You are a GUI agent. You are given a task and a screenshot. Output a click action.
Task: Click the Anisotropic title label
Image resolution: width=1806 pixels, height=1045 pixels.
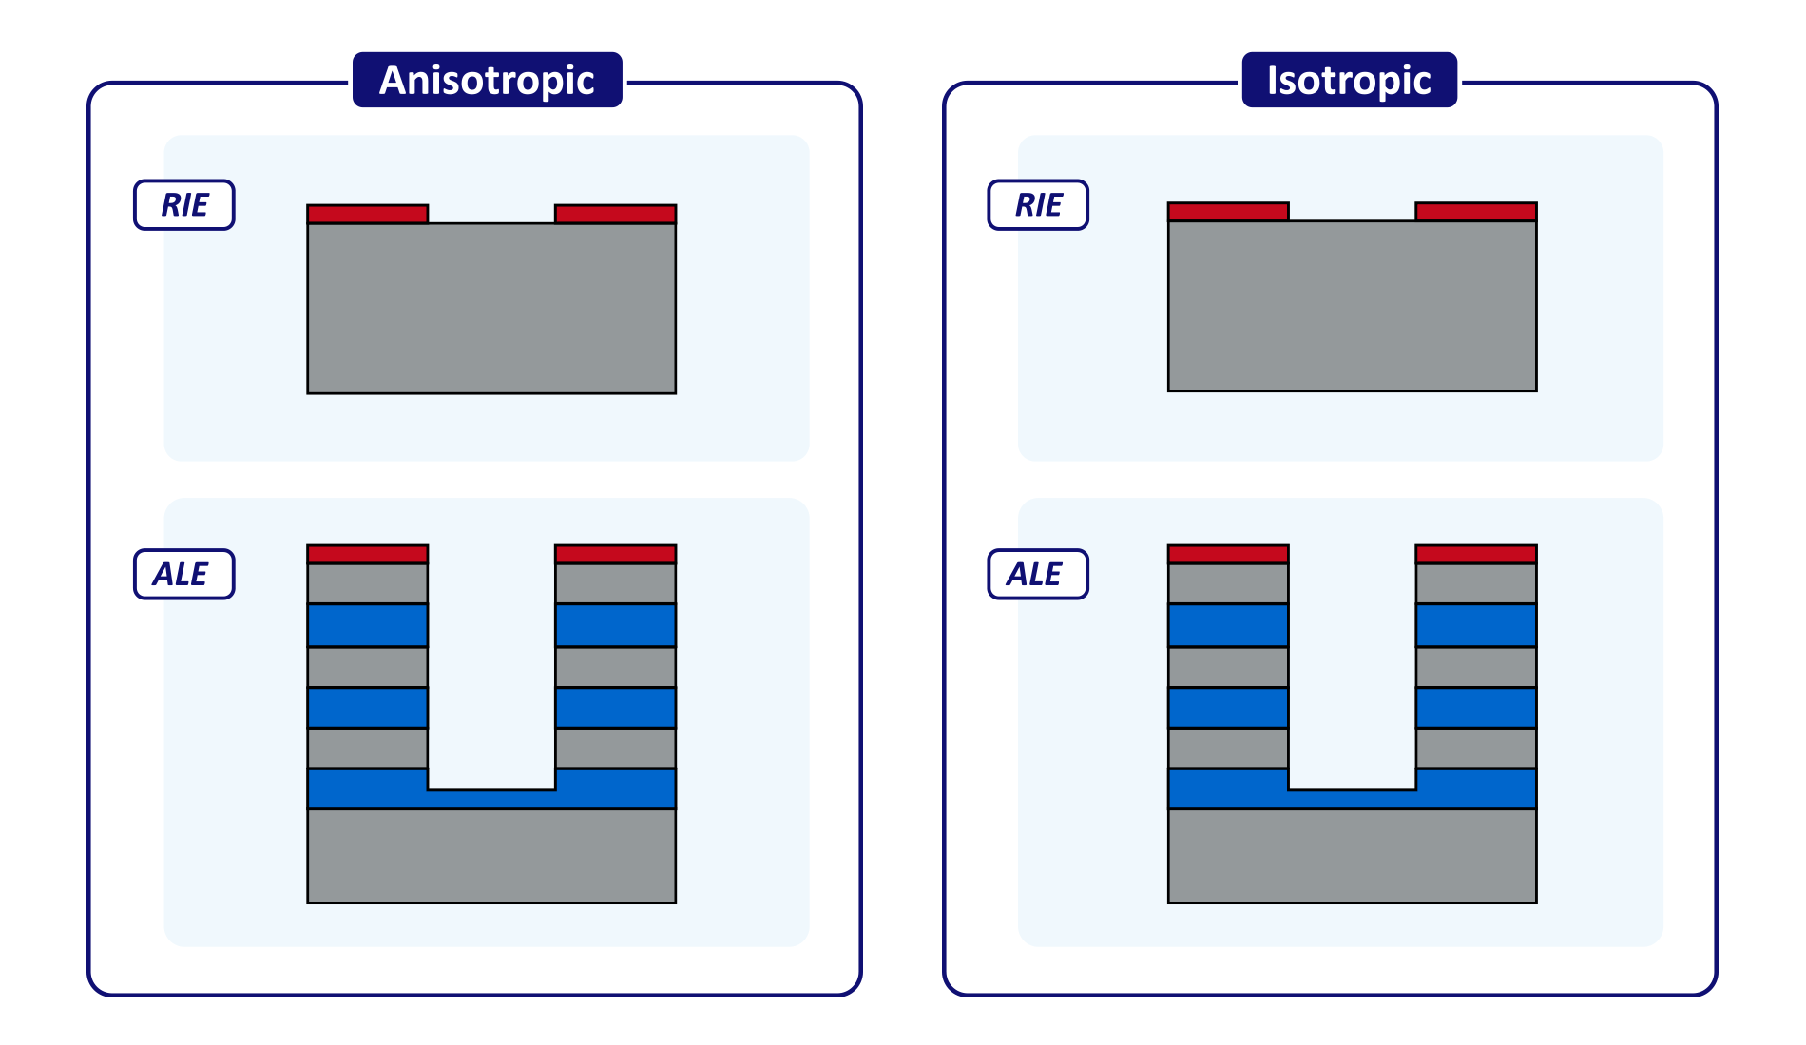tap(487, 80)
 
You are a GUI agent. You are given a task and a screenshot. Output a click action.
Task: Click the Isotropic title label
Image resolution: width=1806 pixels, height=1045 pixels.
tap(1349, 80)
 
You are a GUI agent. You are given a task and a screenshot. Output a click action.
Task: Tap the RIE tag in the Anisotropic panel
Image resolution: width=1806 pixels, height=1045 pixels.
tap(184, 205)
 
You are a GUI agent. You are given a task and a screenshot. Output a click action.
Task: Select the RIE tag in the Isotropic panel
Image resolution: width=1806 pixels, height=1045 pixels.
tap(1038, 205)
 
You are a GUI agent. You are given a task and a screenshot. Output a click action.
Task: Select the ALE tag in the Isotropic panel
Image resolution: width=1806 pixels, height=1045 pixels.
tap(1038, 574)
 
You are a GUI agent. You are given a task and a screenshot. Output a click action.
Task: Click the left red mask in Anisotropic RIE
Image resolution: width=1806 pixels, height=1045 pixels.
tap(368, 214)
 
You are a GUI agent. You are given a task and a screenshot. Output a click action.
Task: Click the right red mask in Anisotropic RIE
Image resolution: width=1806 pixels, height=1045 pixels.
tap(615, 214)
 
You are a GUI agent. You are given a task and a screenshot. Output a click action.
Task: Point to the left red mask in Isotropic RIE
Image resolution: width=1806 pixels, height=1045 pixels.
tap(1228, 212)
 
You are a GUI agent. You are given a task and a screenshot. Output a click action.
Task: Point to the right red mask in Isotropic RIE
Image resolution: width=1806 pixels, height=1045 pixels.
tap(1476, 212)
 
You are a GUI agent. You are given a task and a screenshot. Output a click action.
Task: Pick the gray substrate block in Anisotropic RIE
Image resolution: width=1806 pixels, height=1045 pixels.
tap(491, 309)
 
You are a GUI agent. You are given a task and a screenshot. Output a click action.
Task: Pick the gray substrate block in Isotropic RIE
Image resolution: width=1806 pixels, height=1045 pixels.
tap(1352, 306)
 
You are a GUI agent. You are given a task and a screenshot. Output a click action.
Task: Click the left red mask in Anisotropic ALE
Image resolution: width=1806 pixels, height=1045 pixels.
tap(368, 554)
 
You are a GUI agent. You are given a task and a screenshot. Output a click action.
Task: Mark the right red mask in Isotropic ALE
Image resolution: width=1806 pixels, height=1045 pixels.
tap(1476, 554)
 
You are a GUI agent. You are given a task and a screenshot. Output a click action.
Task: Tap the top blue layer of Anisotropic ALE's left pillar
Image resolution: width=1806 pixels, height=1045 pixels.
tap(368, 625)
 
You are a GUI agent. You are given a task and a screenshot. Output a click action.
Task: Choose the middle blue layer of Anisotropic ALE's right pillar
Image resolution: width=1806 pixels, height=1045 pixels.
tap(615, 708)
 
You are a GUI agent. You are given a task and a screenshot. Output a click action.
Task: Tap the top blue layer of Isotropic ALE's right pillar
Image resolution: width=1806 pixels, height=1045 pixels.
tap(1476, 625)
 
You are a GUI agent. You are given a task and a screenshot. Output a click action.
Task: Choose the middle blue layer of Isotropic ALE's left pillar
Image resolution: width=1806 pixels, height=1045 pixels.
tap(1228, 708)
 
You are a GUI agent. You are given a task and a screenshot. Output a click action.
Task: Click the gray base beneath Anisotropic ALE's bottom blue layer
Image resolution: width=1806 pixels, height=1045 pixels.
tap(491, 855)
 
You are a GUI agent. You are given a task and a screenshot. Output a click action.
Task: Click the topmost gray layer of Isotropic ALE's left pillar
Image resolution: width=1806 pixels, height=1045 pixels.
tap(1228, 583)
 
